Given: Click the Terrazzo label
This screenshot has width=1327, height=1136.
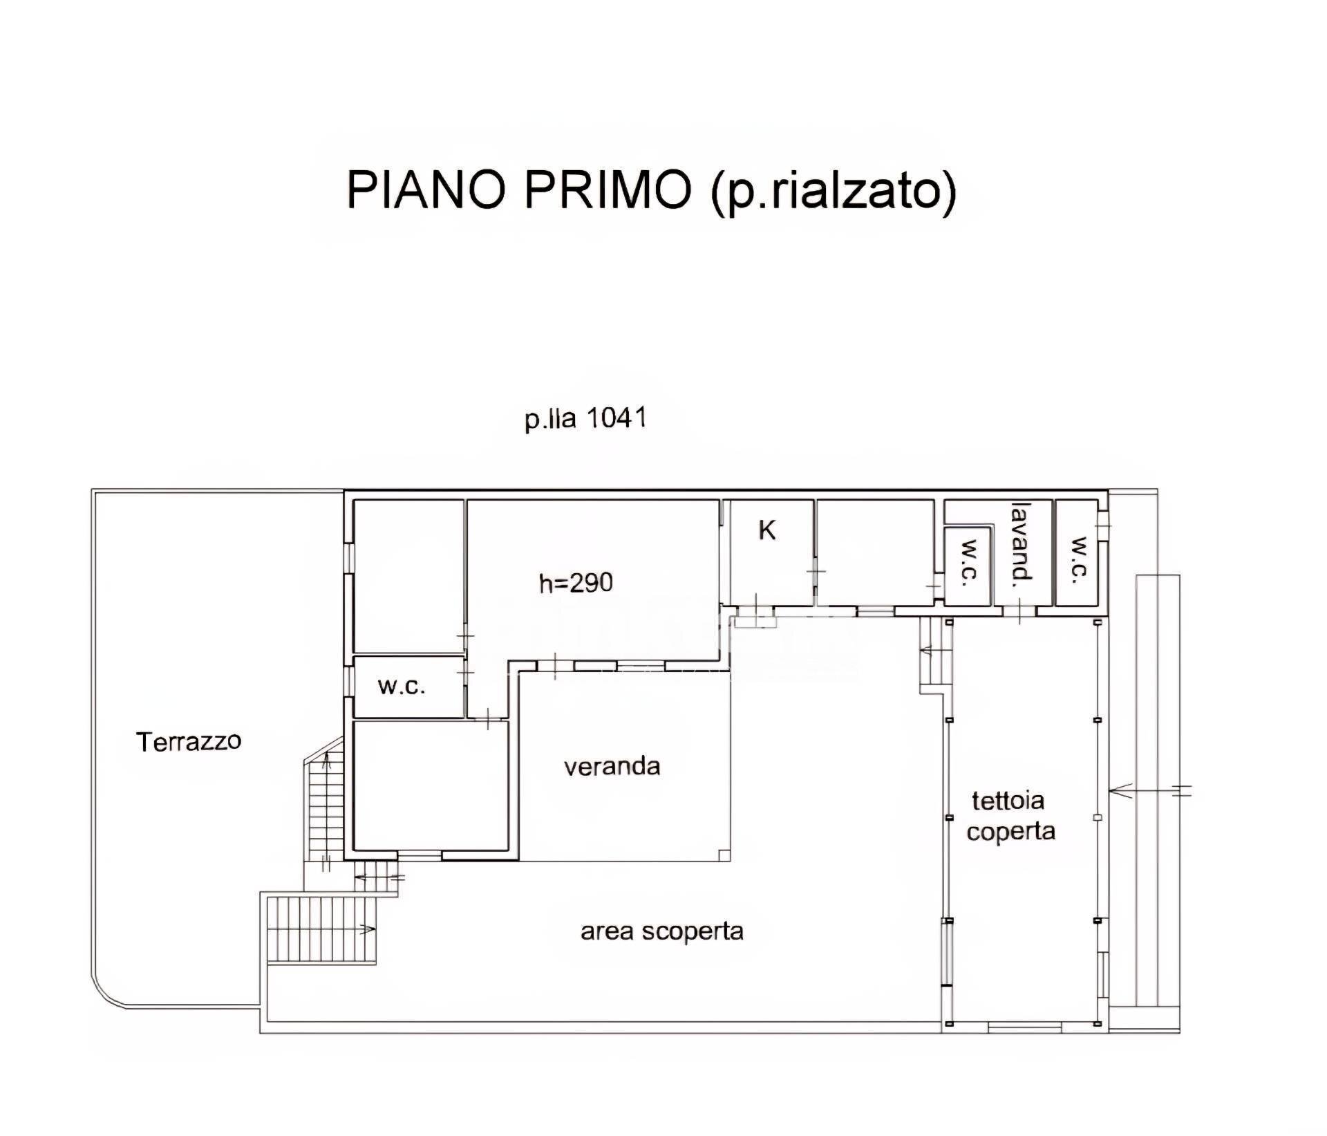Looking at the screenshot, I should pyautogui.click(x=189, y=742).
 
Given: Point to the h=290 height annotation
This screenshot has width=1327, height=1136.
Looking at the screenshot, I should pyautogui.click(x=576, y=584).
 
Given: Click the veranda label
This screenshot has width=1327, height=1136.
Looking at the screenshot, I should pyautogui.click(x=612, y=767).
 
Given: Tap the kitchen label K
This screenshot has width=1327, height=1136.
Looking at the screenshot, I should pyautogui.click(x=767, y=531).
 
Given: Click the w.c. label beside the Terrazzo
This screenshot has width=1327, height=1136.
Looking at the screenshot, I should pyautogui.click(x=402, y=687).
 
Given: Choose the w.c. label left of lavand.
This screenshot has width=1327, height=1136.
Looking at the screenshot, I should pyautogui.click(x=968, y=565).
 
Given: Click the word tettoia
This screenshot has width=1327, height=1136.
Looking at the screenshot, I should pyautogui.click(x=1008, y=801).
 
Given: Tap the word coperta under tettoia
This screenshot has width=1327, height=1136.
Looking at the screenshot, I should pyautogui.click(x=1010, y=831).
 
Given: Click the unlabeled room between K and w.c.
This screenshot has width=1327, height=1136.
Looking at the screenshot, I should pyautogui.click(x=874, y=553).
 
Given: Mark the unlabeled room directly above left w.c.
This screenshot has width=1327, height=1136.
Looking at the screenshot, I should pyautogui.click(x=408, y=575).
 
